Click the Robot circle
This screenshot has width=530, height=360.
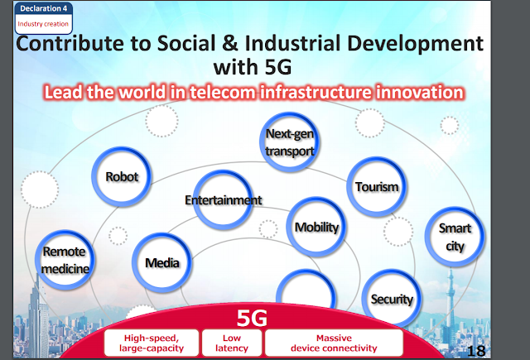tap(122, 176)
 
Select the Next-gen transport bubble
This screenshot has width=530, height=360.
tap(289, 142)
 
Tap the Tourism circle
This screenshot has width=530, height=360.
tap(377, 186)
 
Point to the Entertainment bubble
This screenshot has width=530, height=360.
tap(223, 200)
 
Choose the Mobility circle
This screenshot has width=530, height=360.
tap(316, 227)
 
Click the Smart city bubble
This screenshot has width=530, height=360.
tap(455, 237)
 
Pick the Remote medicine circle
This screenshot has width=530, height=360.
tap(65, 260)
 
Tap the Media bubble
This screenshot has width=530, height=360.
tap(162, 262)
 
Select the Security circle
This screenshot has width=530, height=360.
tap(392, 299)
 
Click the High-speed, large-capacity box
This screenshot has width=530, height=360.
tap(152, 343)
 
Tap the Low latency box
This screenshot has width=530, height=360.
tap(232, 343)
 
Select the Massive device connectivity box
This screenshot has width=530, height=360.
tap(334, 343)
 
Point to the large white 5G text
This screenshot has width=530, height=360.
tap(252, 318)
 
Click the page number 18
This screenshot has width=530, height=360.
tap(476, 351)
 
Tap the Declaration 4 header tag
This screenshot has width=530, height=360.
tap(44, 8)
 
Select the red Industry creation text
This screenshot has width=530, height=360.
tap(43, 24)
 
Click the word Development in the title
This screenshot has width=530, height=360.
tap(416, 44)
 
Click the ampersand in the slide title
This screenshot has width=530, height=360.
tap(230, 43)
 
